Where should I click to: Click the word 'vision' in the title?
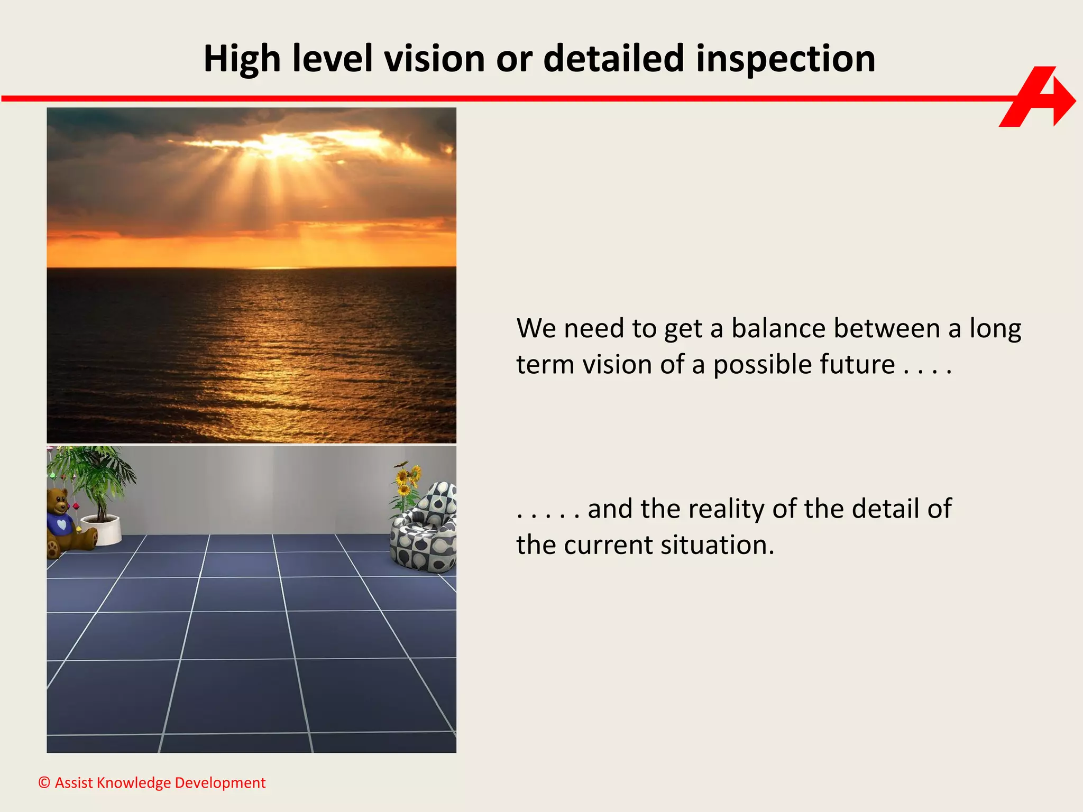(434, 58)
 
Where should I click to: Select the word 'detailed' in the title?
(613, 58)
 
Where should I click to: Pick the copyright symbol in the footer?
(44, 782)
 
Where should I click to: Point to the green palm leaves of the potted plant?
(98, 468)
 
